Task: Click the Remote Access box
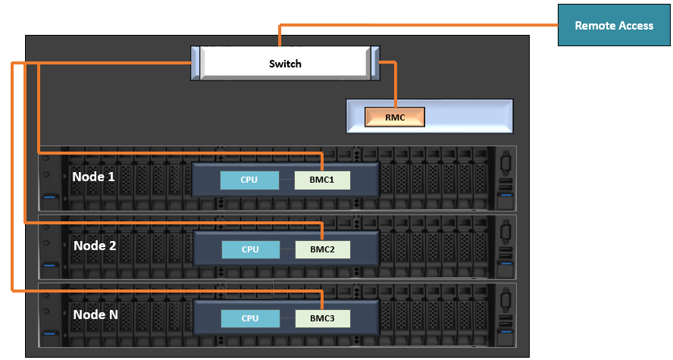[x=613, y=25]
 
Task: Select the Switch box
[x=285, y=63]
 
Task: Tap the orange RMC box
[x=395, y=117]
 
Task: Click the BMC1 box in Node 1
[x=322, y=180]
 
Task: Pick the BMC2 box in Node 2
[x=322, y=249]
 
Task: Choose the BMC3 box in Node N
[x=322, y=318]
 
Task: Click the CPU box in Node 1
[x=249, y=180]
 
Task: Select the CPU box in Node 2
[x=250, y=249]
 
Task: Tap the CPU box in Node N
[x=250, y=318]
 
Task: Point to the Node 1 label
[x=94, y=177]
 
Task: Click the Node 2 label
[x=95, y=246]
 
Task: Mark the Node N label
[x=95, y=314]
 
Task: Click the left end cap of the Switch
[x=196, y=63]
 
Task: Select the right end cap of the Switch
[x=374, y=63]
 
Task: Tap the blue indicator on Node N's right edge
[x=506, y=333]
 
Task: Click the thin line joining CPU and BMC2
[x=287, y=249]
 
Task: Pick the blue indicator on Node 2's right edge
[x=506, y=265]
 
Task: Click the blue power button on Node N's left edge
[x=50, y=333]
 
